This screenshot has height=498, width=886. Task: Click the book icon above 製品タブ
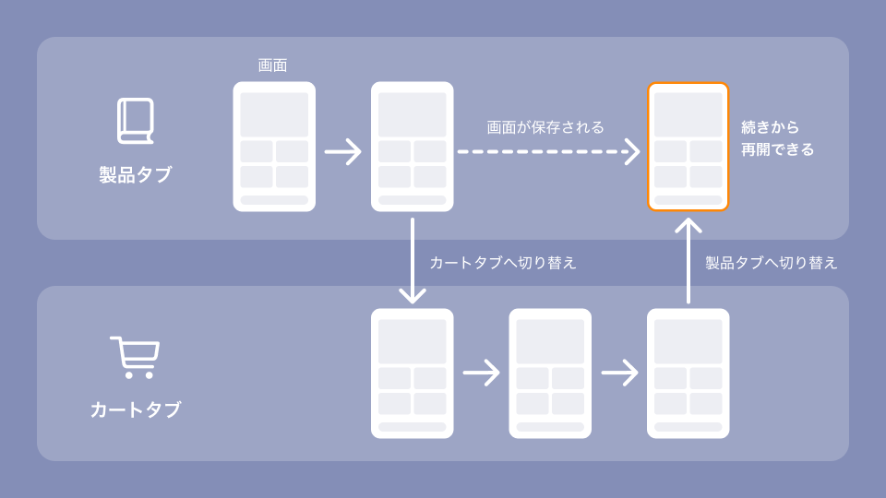135,121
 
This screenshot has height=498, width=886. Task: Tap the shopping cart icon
135,358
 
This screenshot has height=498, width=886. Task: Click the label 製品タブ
135,175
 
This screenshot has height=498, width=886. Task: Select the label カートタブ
135,409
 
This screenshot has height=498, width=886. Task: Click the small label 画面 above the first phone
272,65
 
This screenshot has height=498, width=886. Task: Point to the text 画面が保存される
545,127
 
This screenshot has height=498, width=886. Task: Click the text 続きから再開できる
777,138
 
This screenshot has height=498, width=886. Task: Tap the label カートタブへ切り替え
503,263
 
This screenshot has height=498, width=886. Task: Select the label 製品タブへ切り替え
772,263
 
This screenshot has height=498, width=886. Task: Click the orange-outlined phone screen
688,147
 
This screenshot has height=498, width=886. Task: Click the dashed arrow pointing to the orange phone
548,151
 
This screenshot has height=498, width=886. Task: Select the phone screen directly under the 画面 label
274,147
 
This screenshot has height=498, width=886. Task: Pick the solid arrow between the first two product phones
343,151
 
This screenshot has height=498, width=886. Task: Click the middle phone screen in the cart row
550,373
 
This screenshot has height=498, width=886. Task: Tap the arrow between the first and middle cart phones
481,373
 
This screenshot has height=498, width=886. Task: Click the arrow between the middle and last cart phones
619,373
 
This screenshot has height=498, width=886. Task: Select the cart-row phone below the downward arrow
412,373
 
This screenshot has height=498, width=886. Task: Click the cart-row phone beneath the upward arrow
688,373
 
